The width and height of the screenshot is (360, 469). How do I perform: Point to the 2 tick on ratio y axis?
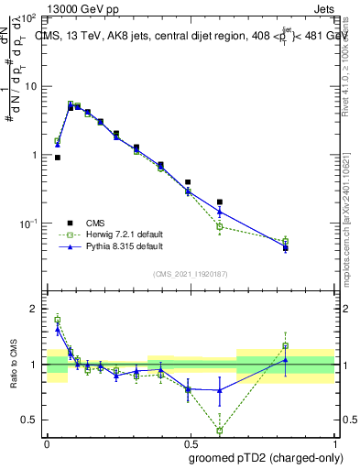(x=34, y=309)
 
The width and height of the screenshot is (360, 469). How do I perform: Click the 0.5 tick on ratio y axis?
(x=29, y=420)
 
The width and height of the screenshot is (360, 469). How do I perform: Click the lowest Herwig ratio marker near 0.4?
(x=220, y=430)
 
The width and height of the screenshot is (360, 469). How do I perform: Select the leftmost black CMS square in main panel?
(x=58, y=158)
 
